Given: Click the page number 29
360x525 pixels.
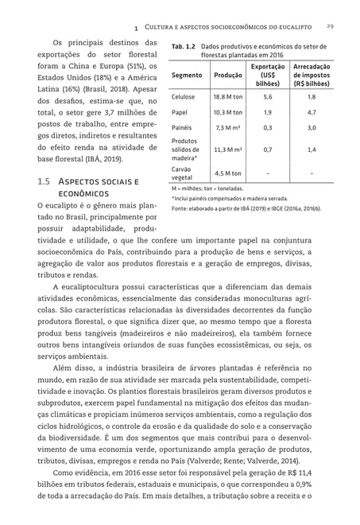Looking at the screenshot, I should [x=329, y=26].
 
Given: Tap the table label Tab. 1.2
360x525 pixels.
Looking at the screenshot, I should [x=184, y=47].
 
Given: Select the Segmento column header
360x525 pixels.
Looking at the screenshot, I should [x=187, y=75].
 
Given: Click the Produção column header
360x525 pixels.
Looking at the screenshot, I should [x=229, y=75].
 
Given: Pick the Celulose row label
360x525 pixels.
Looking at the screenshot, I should [x=184, y=95].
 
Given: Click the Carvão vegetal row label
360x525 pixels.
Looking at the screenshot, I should [x=184, y=173].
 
